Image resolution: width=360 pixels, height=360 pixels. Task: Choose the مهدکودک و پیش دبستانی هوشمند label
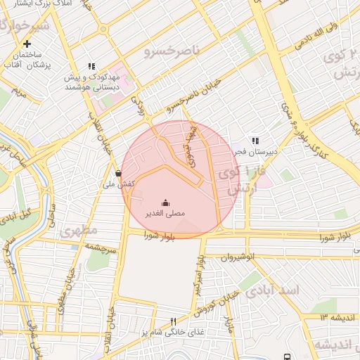pos(89,80)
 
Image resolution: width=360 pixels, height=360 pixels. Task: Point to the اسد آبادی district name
pos(295,290)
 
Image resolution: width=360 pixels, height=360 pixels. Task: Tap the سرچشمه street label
pos(99,247)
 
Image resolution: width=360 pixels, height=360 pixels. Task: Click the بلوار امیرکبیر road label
pos(200,268)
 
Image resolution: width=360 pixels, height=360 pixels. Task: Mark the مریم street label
pos(20,91)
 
